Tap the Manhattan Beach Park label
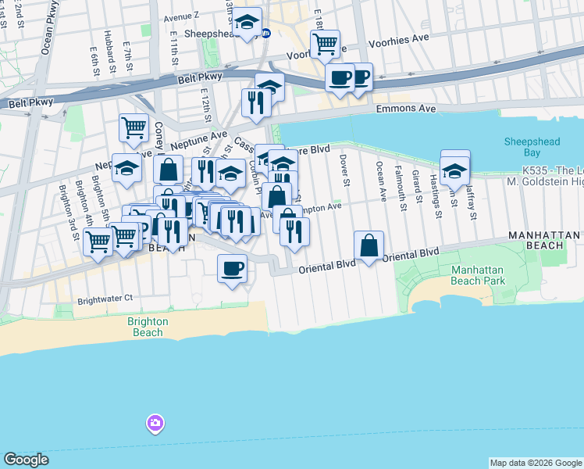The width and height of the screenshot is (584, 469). pyautogui.click(x=478, y=275)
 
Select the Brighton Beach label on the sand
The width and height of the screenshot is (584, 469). pyautogui.click(x=147, y=327)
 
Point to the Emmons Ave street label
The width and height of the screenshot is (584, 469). pyautogui.click(x=406, y=109)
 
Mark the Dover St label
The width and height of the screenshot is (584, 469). pyautogui.click(x=344, y=170)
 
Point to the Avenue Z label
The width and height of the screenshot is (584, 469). pyautogui.click(x=181, y=15)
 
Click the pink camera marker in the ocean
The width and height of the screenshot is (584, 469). pyautogui.click(x=155, y=424)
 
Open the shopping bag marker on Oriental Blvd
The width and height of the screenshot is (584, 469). pyautogui.click(x=369, y=245)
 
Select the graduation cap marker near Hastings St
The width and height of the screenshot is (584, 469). pyautogui.click(x=454, y=169)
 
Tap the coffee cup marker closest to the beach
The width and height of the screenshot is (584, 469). pyautogui.click(x=231, y=270)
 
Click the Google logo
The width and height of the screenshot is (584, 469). pyautogui.click(x=26, y=460)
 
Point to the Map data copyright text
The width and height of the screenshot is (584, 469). pyautogui.click(x=534, y=463)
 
